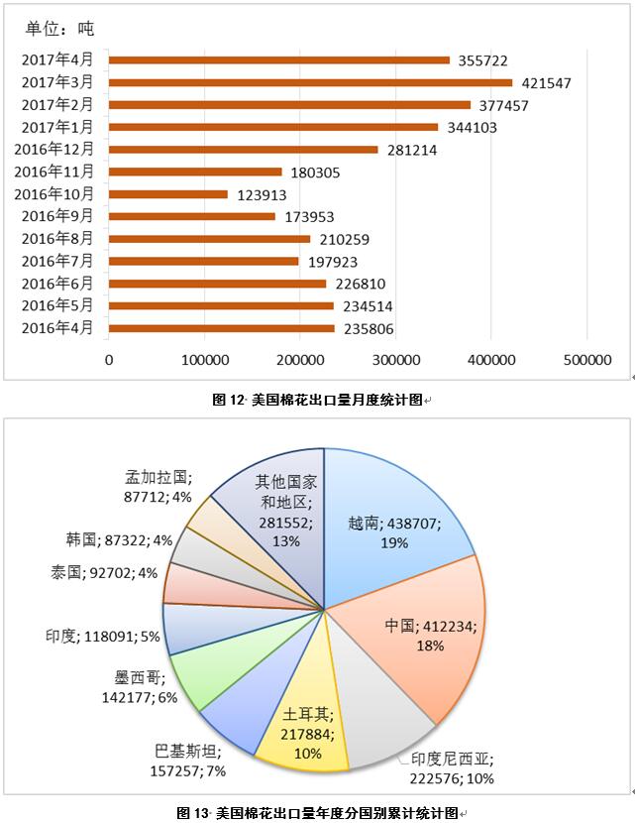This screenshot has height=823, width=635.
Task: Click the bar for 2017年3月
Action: [310, 82]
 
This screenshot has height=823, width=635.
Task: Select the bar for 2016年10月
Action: [168, 194]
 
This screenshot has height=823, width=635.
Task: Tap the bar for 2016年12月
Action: [243, 150]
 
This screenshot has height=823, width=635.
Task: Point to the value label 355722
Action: [483, 60]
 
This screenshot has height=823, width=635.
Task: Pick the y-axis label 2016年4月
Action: [57, 328]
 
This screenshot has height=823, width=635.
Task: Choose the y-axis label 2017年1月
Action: [57, 127]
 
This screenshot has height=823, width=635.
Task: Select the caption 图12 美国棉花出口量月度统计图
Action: [317, 400]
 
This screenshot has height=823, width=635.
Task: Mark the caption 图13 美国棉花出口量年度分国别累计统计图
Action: [317, 813]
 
